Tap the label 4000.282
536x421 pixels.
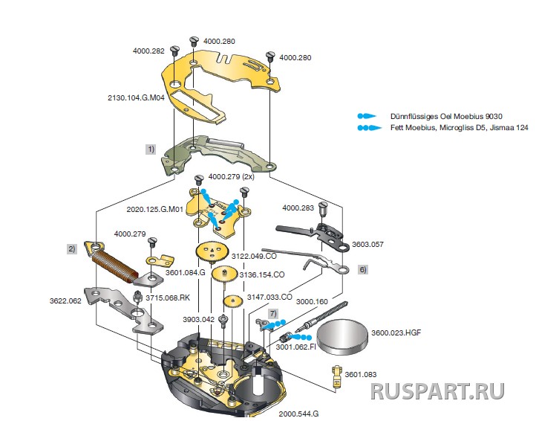[149, 51]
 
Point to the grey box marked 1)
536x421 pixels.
[151, 149]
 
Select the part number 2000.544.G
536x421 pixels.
[298, 412]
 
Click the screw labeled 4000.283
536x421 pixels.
[323, 206]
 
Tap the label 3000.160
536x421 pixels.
[312, 302]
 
